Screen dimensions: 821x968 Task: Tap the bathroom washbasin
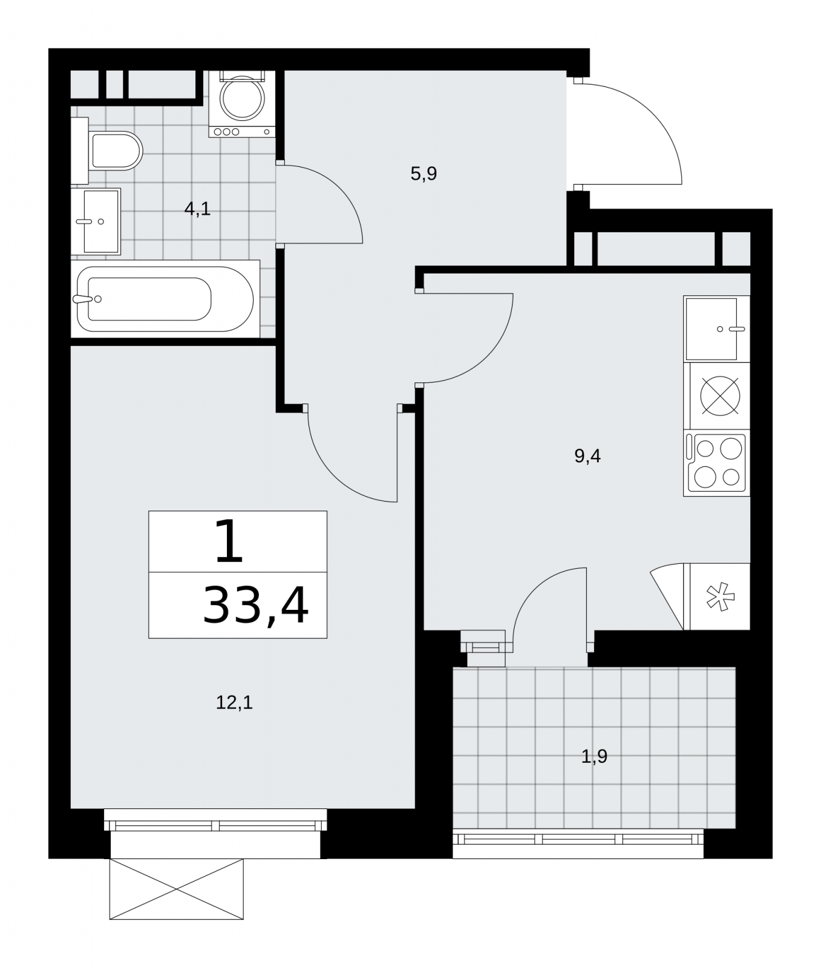(x=96, y=221)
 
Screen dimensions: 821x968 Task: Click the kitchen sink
(x=717, y=329)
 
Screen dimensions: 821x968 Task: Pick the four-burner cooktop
(x=717, y=463)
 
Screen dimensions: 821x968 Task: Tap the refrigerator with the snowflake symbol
(x=717, y=597)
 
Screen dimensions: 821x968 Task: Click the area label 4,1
(x=197, y=209)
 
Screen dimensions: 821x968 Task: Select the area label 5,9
(x=424, y=174)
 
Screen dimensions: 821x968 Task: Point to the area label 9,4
(x=587, y=456)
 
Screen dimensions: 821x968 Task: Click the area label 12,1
(x=234, y=702)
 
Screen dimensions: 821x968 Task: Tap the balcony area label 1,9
(x=594, y=756)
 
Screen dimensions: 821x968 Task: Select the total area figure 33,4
(x=256, y=606)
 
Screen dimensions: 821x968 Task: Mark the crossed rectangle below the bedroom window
(x=177, y=889)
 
